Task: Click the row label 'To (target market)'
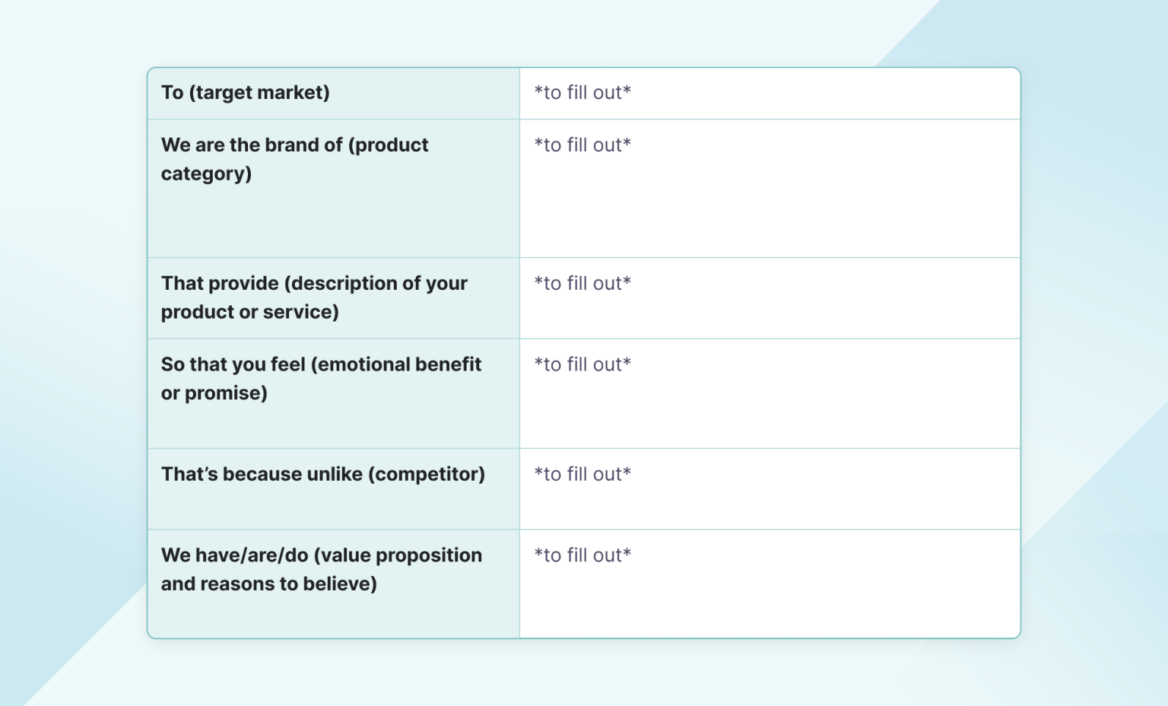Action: click(245, 93)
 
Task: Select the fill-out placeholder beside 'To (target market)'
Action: click(582, 93)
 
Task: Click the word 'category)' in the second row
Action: click(206, 174)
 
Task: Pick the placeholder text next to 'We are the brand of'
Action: click(582, 145)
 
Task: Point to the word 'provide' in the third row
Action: click(243, 284)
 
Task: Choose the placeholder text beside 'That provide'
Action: click(582, 284)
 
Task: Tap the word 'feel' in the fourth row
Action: click(288, 365)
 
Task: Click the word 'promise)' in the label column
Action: click(226, 393)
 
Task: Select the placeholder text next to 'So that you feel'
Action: click(582, 365)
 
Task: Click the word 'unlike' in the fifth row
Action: click(335, 475)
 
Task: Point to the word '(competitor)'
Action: click(427, 475)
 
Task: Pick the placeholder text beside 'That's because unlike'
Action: click(582, 475)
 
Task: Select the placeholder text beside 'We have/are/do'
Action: click(582, 556)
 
